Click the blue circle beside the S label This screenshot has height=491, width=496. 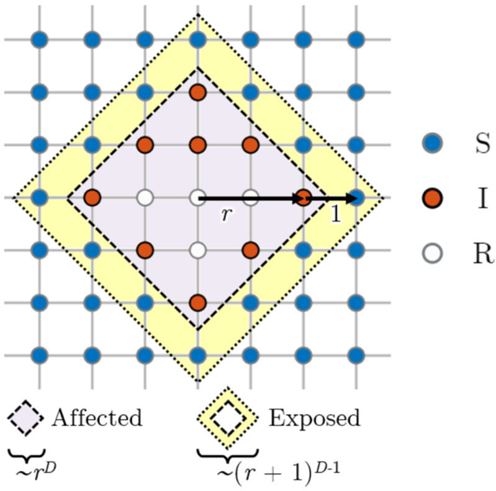433,144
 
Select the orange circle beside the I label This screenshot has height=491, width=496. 433,198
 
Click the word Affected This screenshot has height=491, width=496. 97,418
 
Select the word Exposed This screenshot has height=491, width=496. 313,418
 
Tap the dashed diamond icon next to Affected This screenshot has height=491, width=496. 25,418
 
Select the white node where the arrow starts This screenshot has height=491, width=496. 197,198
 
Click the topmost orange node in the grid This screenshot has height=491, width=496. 197,92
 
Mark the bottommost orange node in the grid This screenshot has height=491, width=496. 197,303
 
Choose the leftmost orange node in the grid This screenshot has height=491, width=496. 92,198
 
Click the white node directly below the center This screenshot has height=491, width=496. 197,250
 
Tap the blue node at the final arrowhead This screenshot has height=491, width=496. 356,198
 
